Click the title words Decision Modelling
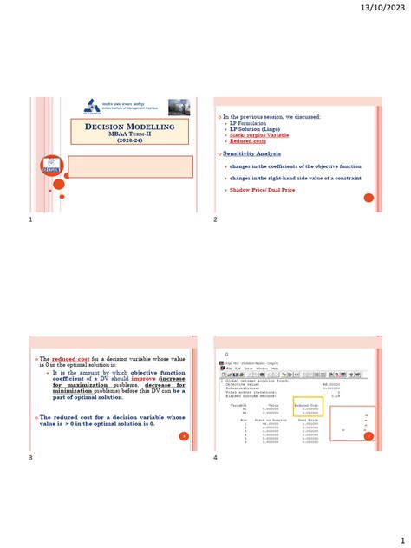pyautogui.click(x=130, y=127)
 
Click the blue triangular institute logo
pyautogui.click(x=93, y=107)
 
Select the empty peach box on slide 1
pyautogui.click(x=130, y=166)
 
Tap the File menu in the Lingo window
pyautogui.click(x=228, y=369)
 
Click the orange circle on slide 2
pyautogui.click(x=368, y=198)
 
